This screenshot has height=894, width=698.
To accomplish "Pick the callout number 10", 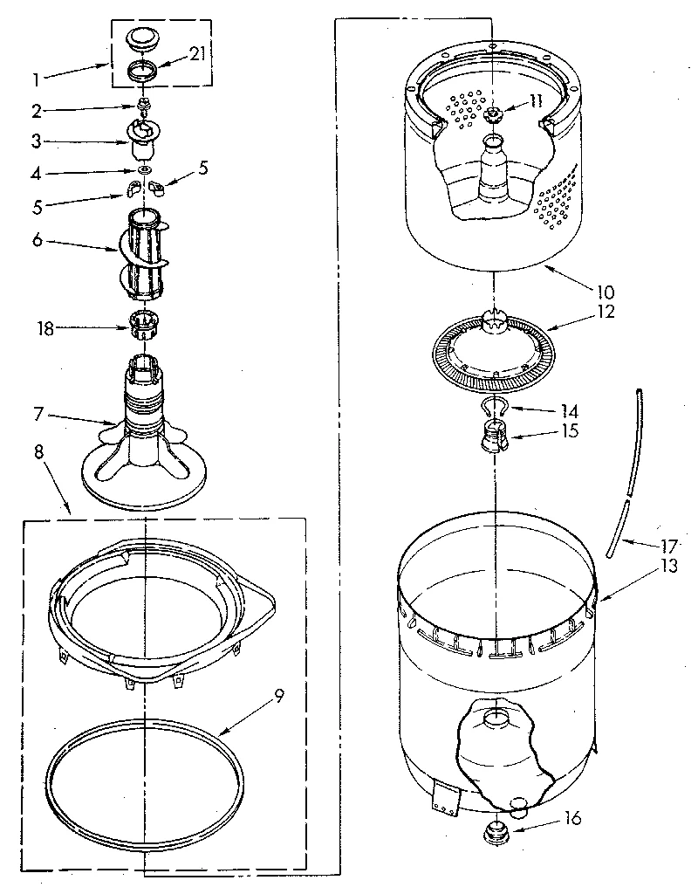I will (x=606, y=292).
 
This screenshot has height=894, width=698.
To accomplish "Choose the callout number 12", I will (x=606, y=312).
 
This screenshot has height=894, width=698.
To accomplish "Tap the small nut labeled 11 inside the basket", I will (x=493, y=116).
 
